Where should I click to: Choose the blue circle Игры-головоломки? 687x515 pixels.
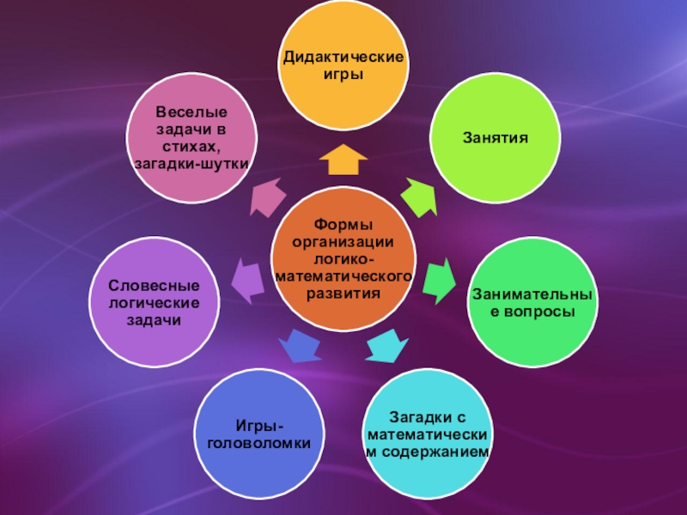pos(258,433)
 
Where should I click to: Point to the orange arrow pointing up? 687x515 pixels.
pos(343,159)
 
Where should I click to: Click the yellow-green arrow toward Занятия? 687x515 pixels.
pos(419,196)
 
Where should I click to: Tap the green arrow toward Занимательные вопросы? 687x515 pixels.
pos(439,280)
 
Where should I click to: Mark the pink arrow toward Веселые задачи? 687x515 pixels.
pos(268,196)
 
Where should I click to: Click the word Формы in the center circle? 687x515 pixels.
pos(343,225)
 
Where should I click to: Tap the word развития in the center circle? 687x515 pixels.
pos(343,292)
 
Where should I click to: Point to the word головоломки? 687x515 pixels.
pos(258,442)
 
